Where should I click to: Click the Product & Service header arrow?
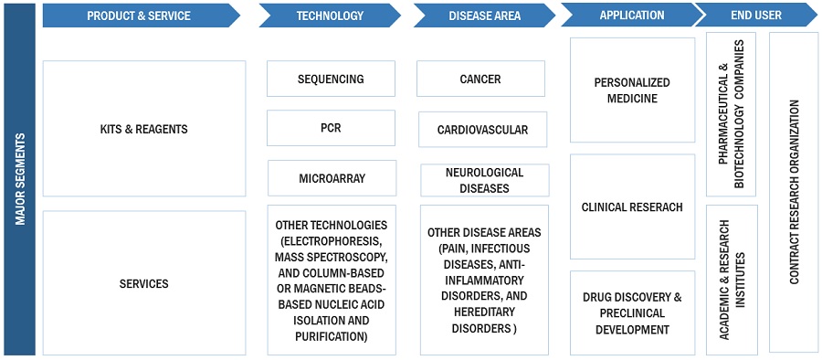(141, 16)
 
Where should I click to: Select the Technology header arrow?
(330, 16)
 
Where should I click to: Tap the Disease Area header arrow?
(484, 16)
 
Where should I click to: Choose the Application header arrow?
(632, 15)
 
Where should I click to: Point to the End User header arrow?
(756, 15)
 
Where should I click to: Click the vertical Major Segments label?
(20, 179)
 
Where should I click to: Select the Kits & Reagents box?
(144, 129)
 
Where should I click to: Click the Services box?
(144, 283)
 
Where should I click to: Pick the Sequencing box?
(331, 79)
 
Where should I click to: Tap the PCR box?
(331, 128)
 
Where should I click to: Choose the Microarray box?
(332, 178)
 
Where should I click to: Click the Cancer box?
(480, 79)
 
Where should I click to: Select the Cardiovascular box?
(482, 129)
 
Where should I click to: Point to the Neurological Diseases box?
(484, 180)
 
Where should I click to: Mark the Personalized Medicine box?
(632, 90)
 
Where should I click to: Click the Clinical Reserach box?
(632, 206)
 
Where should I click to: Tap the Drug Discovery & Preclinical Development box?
(632, 313)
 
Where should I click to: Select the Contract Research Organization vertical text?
(795, 192)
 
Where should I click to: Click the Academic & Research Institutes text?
(732, 280)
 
